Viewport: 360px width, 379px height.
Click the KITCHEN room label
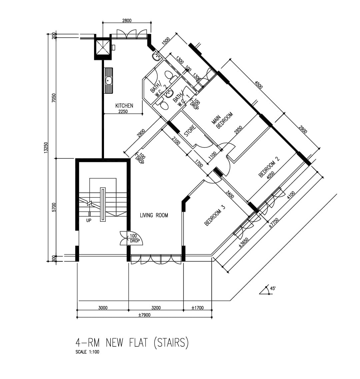[124, 106]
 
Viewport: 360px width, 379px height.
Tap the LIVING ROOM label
[154, 215]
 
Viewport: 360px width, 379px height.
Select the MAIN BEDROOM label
[222, 120]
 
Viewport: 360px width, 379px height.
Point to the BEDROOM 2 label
[269, 166]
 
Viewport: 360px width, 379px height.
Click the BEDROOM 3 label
[215, 215]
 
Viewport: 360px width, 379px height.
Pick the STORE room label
[190, 131]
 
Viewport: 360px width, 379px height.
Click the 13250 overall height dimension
[46, 147]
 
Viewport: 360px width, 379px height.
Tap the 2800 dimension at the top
[127, 20]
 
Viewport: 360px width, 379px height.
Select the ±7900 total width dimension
[144, 315]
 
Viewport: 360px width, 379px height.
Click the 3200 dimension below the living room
[156, 308]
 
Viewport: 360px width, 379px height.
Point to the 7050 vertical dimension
[54, 98]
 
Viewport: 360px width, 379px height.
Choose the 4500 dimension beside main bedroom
[258, 85]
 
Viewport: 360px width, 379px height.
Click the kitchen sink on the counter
[109, 80]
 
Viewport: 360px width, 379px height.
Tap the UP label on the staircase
[89, 220]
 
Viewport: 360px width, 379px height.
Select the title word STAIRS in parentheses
[171, 343]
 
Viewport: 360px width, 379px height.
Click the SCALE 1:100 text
[87, 352]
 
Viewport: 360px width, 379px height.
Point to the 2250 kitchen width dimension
[123, 111]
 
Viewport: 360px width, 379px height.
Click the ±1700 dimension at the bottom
[198, 308]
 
